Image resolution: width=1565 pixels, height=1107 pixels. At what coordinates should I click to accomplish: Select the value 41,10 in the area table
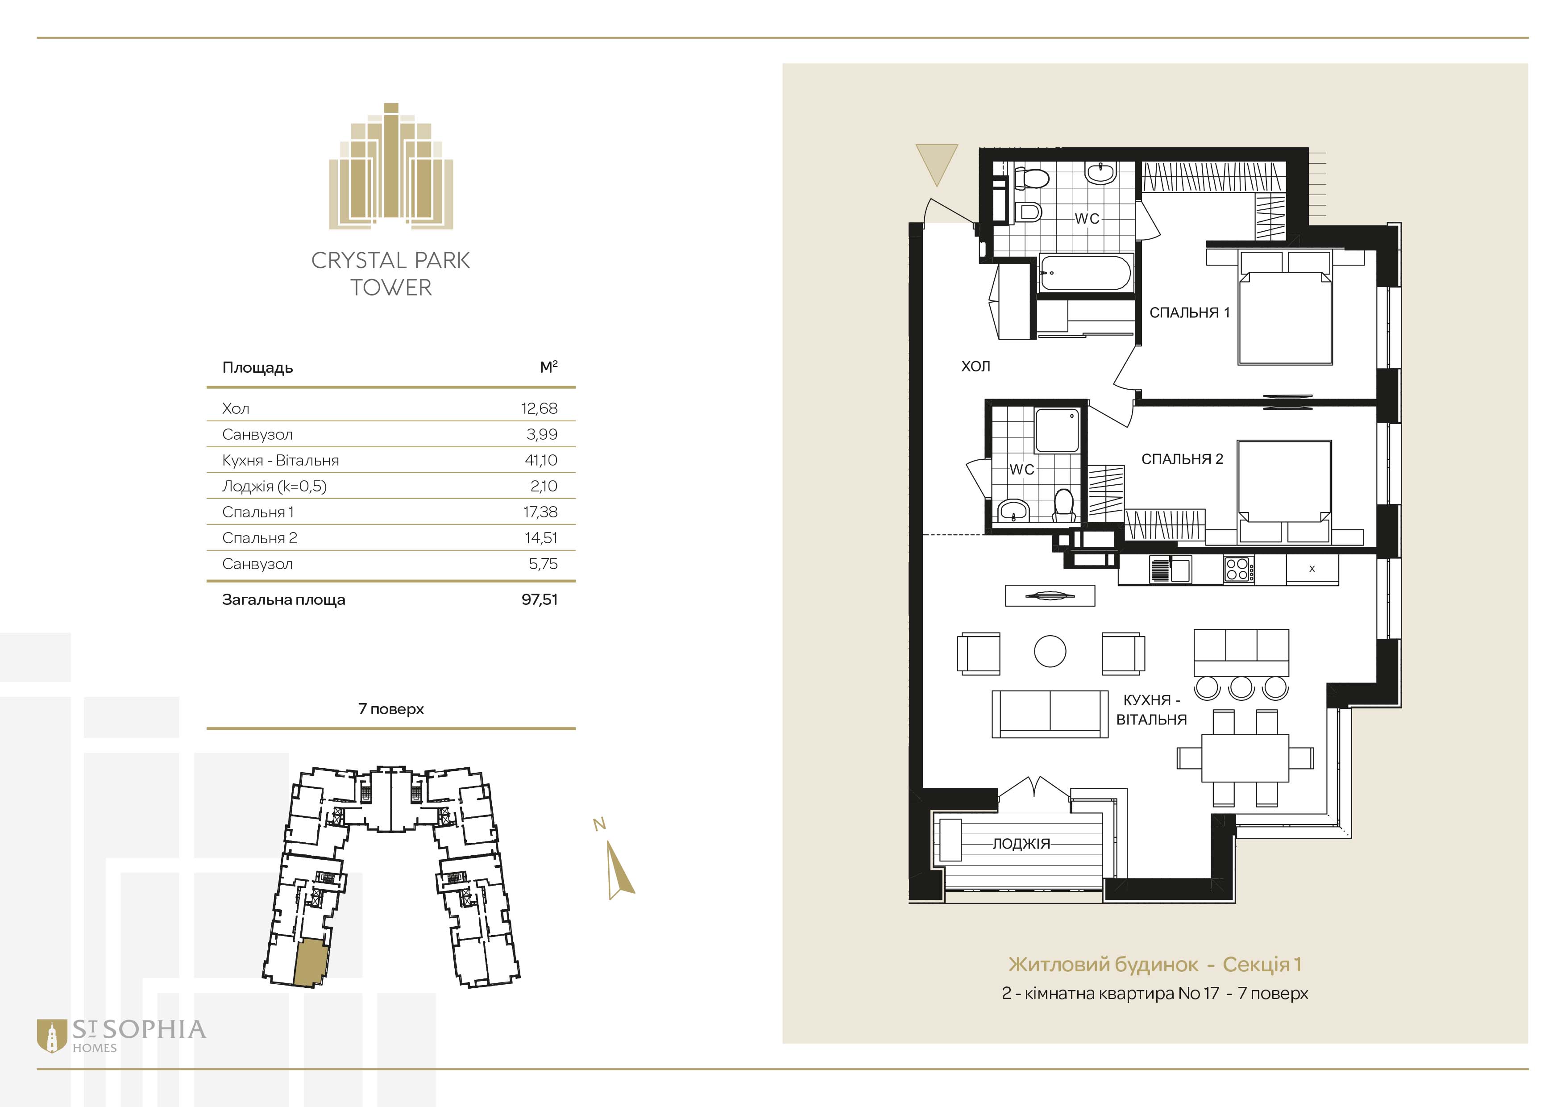click(541, 460)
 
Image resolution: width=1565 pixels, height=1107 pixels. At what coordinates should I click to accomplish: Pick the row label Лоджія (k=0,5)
click(274, 486)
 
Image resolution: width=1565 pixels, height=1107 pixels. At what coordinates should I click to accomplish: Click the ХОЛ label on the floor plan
click(976, 366)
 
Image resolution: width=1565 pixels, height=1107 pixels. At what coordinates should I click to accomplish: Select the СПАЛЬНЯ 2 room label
click(1182, 459)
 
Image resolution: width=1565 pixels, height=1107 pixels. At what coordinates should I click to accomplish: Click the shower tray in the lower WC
click(1057, 430)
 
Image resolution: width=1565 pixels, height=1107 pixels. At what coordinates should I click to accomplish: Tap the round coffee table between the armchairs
click(1050, 651)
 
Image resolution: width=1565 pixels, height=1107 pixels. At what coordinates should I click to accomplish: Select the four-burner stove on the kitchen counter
click(1237, 569)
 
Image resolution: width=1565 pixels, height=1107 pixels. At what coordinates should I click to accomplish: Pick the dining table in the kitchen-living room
click(1245, 758)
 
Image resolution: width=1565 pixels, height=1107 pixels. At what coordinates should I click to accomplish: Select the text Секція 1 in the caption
click(1262, 965)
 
